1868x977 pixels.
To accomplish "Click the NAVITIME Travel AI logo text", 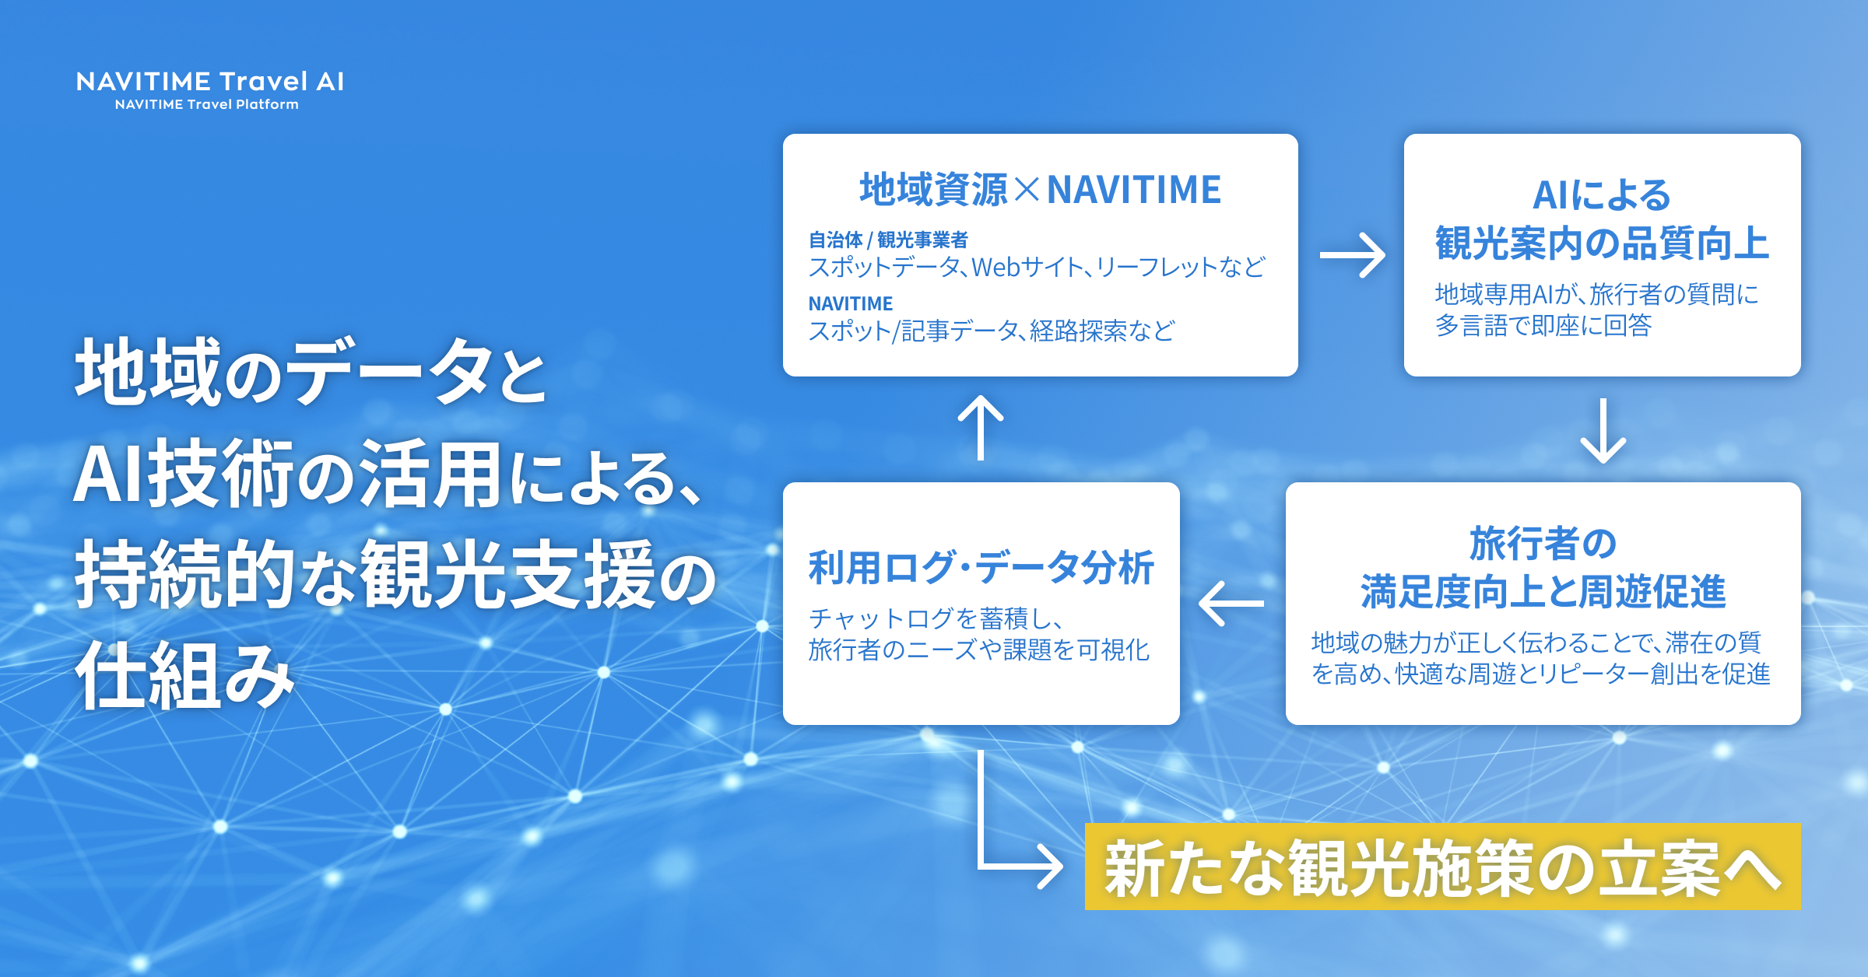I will [210, 82].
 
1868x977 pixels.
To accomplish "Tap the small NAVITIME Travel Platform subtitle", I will [206, 104].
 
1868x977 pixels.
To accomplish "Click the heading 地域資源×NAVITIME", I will [1040, 190].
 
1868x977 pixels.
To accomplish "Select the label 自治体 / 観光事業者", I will [887, 240].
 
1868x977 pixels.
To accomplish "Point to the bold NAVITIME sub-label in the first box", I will [850, 303].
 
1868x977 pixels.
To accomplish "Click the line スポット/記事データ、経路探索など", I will [991, 331].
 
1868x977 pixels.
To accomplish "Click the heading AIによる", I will [1601, 194].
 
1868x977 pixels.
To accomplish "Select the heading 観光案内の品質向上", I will [1602, 243].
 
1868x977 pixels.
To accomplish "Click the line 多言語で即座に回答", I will [1543, 325].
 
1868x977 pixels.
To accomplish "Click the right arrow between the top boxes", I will [1352, 255].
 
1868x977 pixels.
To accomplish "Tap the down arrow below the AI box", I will [1603, 432].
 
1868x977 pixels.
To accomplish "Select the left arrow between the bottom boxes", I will [1231, 604].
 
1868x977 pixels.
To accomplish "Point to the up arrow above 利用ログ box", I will [981, 427].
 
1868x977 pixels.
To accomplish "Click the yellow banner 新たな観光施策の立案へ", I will [1441, 867].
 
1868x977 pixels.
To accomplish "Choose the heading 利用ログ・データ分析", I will [981, 567].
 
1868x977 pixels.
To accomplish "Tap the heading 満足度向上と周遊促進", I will [1543, 592].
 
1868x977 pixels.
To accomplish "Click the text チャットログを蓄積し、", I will [936, 618].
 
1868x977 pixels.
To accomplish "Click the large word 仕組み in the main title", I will [185, 676].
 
